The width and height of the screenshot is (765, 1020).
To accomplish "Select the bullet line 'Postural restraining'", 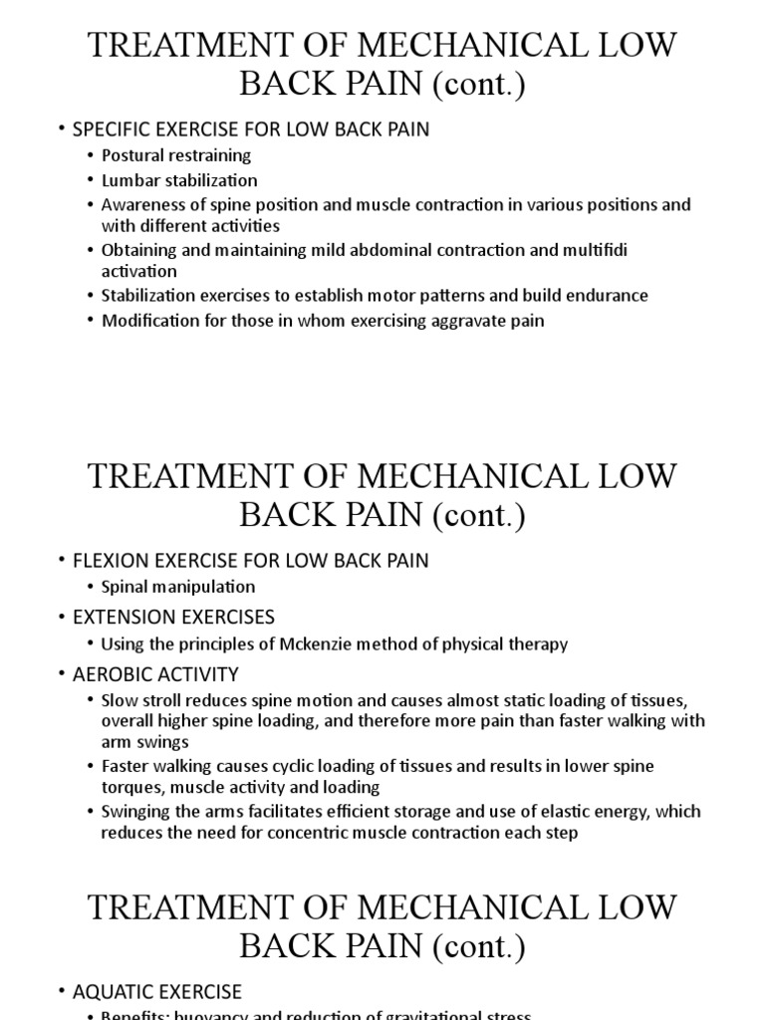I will pyautogui.click(x=175, y=155).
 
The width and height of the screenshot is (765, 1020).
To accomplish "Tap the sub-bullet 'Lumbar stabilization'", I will pyautogui.click(x=178, y=180).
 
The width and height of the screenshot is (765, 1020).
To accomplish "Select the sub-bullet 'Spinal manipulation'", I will pyautogui.click(x=177, y=587).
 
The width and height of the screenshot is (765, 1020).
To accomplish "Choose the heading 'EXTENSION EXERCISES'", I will pyautogui.click(x=173, y=617).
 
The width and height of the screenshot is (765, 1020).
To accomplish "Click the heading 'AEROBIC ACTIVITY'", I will pyautogui.click(x=155, y=674).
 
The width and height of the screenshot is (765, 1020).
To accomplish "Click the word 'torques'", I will pyautogui.click(x=132, y=787).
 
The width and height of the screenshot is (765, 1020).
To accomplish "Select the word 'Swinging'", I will pyautogui.click(x=135, y=812).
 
